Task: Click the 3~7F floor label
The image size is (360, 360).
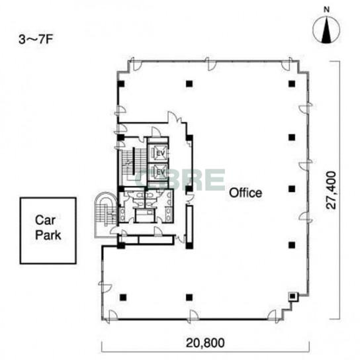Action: coord(36,40)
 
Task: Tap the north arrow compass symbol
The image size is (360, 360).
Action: coord(326,30)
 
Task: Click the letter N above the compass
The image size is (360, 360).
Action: coord(326,10)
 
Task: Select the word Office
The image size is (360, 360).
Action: coord(246,193)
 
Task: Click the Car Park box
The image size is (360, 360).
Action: coord(48,230)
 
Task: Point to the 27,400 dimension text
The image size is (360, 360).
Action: coord(332,190)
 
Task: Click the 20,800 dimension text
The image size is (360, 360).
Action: coord(205,343)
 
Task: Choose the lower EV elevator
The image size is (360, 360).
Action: coord(157,171)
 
